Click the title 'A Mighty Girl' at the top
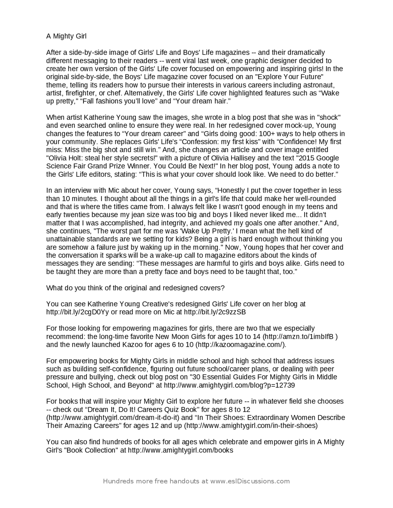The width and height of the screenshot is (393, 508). (66, 36)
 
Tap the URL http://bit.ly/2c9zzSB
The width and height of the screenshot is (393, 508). (215, 312)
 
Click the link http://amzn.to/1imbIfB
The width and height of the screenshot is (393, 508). (300, 337)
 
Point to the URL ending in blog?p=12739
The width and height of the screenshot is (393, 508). (229, 385)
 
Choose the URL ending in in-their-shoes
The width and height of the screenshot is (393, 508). (251, 426)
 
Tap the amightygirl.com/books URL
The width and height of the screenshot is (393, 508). (180, 450)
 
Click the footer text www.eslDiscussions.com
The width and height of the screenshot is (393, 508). (250, 481)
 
